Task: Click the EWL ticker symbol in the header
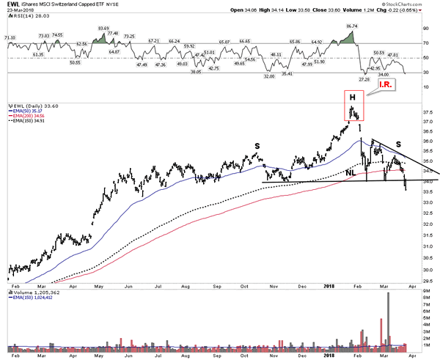(12, 5)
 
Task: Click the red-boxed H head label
(352, 98)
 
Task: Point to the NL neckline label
(351, 173)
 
